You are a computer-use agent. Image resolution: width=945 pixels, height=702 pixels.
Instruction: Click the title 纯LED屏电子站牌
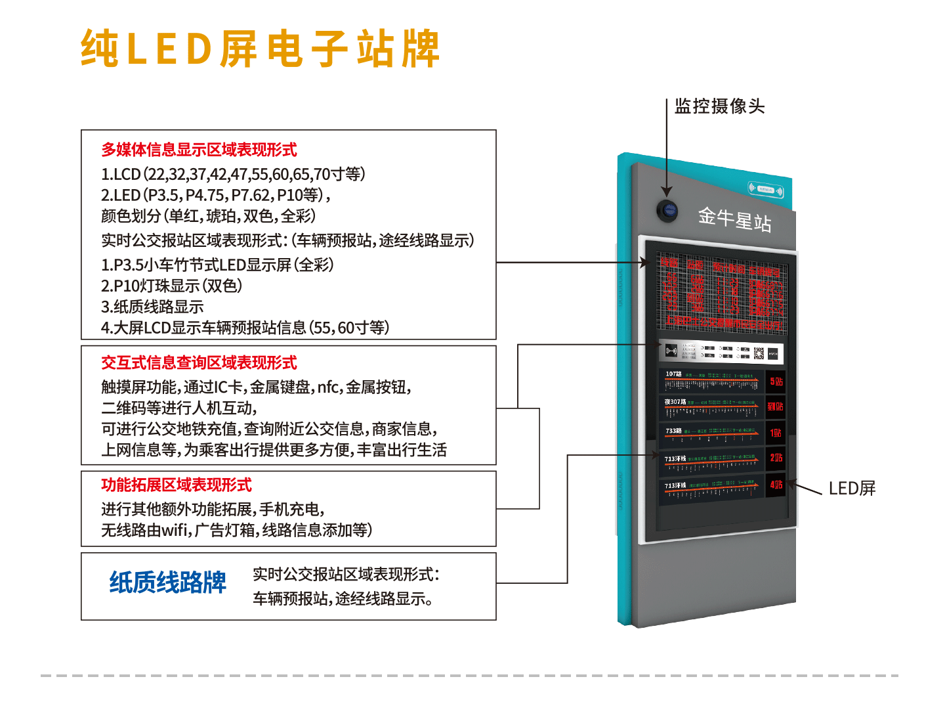click(260, 49)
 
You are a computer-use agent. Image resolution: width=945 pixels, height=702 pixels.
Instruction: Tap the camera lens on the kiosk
click(667, 210)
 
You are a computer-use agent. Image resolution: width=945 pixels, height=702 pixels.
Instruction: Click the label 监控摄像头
click(719, 106)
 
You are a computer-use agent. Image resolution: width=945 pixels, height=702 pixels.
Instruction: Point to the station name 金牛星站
click(734, 218)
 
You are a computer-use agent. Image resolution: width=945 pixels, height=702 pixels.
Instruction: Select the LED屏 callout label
click(852, 489)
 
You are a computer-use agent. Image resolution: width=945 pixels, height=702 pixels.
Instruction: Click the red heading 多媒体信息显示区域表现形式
click(199, 150)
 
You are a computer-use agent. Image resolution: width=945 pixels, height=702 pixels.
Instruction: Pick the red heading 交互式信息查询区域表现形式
click(199, 362)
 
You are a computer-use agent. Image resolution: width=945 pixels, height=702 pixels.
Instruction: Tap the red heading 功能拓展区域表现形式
click(177, 485)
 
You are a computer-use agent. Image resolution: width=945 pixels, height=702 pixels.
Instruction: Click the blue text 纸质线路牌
click(167, 582)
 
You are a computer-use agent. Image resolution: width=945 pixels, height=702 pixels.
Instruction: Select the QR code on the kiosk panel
click(759, 353)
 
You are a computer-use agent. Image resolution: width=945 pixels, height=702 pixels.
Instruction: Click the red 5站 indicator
click(776, 382)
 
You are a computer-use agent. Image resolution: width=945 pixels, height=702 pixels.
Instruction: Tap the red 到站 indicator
click(776, 406)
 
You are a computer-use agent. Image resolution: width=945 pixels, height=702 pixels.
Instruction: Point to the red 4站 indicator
click(776, 485)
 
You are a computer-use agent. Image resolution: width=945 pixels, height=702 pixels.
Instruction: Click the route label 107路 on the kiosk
click(673, 374)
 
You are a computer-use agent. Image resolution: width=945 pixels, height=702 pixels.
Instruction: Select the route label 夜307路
click(675, 402)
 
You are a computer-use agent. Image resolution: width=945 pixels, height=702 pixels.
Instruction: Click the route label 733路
click(673, 431)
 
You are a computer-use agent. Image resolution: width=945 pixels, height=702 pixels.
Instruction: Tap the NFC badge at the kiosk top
click(766, 190)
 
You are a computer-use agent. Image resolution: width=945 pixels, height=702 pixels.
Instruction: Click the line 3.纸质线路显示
click(152, 307)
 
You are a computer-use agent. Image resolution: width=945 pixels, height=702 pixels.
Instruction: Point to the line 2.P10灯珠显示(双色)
click(172, 286)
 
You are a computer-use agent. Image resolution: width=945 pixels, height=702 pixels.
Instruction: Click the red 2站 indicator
click(776, 458)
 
